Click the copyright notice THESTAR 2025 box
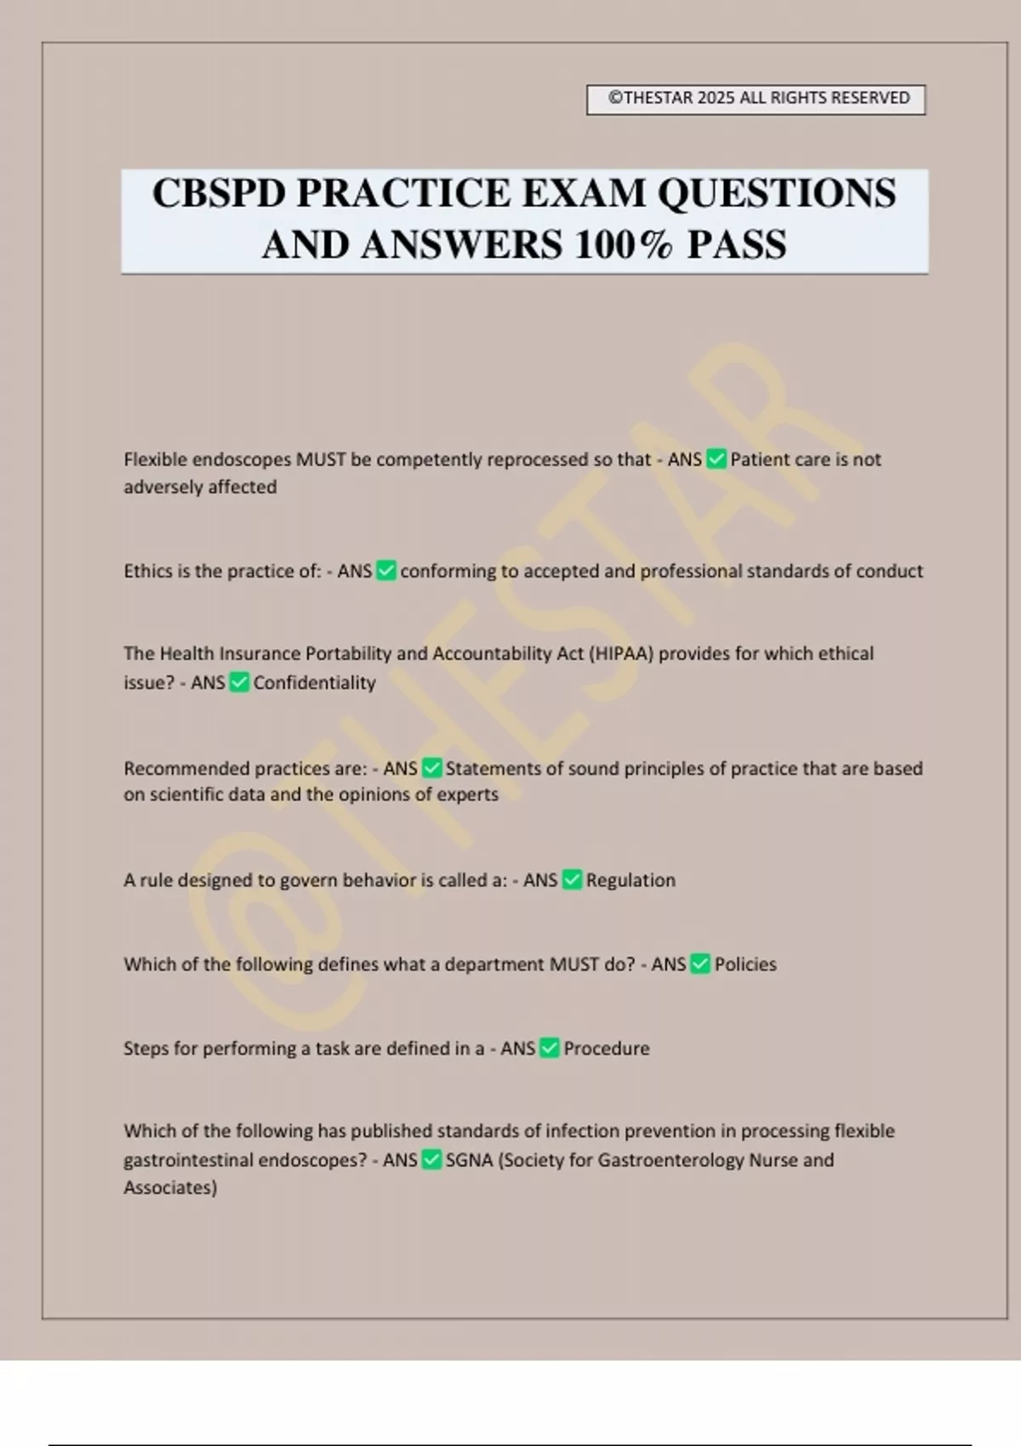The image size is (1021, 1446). (756, 99)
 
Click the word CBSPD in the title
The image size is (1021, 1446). (219, 194)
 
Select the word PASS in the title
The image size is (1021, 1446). (737, 246)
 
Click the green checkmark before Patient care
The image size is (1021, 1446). (716, 459)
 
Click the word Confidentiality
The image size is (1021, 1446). (314, 683)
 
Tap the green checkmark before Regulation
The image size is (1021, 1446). (572, 880)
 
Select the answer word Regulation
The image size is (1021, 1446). (630, 880)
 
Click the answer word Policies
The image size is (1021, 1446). (745, 965)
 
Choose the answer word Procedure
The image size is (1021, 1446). (607, 1049)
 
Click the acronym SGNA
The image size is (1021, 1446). (469, 1160)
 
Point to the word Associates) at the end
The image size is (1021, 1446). (170, 1187)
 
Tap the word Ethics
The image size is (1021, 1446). (148, 572)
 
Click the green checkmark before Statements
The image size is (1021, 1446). (431, 769)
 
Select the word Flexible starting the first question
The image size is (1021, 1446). (155, 460)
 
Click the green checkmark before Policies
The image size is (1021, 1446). (700, 965)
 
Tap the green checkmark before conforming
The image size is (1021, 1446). (386, 572)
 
